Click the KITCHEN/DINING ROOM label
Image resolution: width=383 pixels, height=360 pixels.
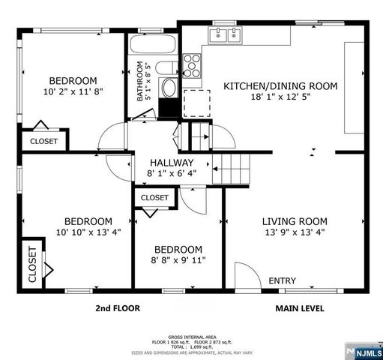[x=280, y=86]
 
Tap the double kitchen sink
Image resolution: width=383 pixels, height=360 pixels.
[x=226, y=34]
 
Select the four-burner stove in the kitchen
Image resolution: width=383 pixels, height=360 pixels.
[x=192, y=65]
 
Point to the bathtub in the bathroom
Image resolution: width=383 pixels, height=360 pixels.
[x=153, y=46]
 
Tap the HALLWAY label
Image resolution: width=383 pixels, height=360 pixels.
[x=172, y=163]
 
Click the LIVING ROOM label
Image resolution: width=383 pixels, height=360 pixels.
[x=294, y=221]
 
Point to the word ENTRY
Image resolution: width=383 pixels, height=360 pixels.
[x=282, y=280]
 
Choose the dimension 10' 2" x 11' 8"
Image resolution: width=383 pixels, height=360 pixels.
[x=73, y=93]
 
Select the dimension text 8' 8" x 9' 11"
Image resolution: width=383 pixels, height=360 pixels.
[x=178, y=260]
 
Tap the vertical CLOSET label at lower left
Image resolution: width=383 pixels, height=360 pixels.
[x=32, y=265]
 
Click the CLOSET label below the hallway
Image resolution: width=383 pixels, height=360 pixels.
[x=154, y=197]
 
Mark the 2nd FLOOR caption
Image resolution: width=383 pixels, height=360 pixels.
[x=117, y=307]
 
